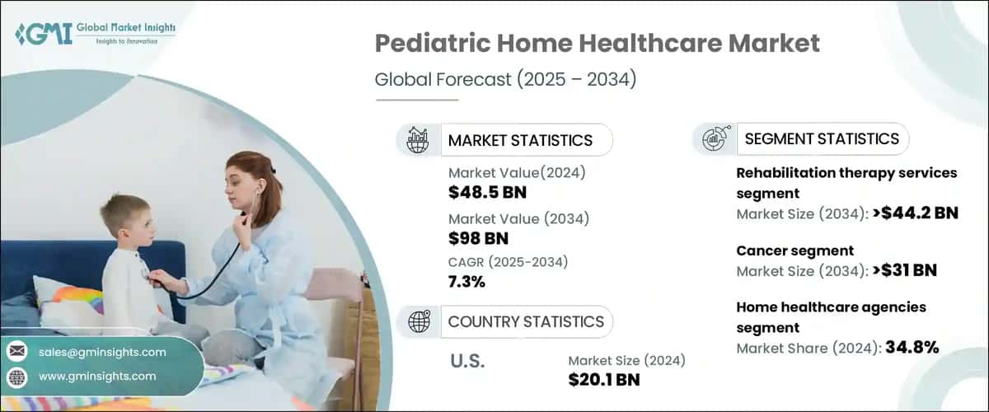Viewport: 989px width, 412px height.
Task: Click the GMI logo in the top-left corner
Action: pos(95,34)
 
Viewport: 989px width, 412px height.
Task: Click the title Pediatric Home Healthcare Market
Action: pos(598,43)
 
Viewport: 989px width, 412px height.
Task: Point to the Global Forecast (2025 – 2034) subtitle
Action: pos(506,80)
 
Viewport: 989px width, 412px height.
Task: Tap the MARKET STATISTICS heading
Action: pos(520,140)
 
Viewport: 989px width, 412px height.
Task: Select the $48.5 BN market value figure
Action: pos(487,193)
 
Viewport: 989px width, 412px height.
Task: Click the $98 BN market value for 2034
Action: pos(478,239)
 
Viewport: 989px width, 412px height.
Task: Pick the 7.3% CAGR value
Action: pos(466,283)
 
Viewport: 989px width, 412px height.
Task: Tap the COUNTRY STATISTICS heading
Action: pos(525,321)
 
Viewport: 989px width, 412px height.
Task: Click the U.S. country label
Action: pos(467,361)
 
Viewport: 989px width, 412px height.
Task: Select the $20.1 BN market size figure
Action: pos(604,380)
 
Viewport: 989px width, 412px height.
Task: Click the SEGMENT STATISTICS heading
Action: pos(822,138)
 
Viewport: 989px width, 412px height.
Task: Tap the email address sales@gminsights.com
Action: pos(102,352)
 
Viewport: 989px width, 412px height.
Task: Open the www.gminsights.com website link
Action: pos(97,376)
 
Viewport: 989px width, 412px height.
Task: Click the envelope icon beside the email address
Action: pos(17,352)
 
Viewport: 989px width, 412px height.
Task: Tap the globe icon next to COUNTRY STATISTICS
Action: pos(420,321)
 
